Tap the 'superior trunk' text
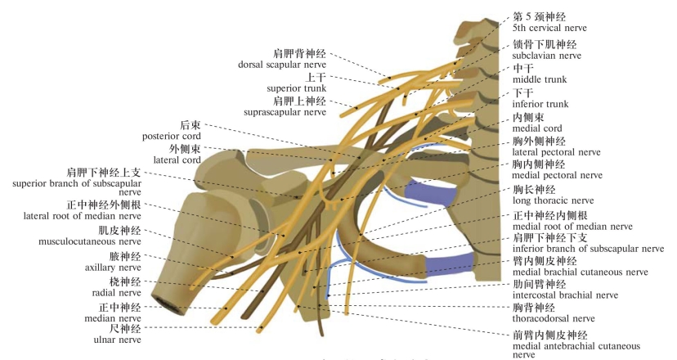coord(296,88)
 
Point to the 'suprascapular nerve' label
coord(285,111)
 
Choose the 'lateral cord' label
coord(177,160)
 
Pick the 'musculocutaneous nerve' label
coord(90,241)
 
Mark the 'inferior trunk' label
coord(539,104)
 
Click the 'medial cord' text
coord(537,128)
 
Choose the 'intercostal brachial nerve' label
coord(564,295)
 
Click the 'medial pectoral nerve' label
coord(556,175)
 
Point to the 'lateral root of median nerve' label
coord(83,216)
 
